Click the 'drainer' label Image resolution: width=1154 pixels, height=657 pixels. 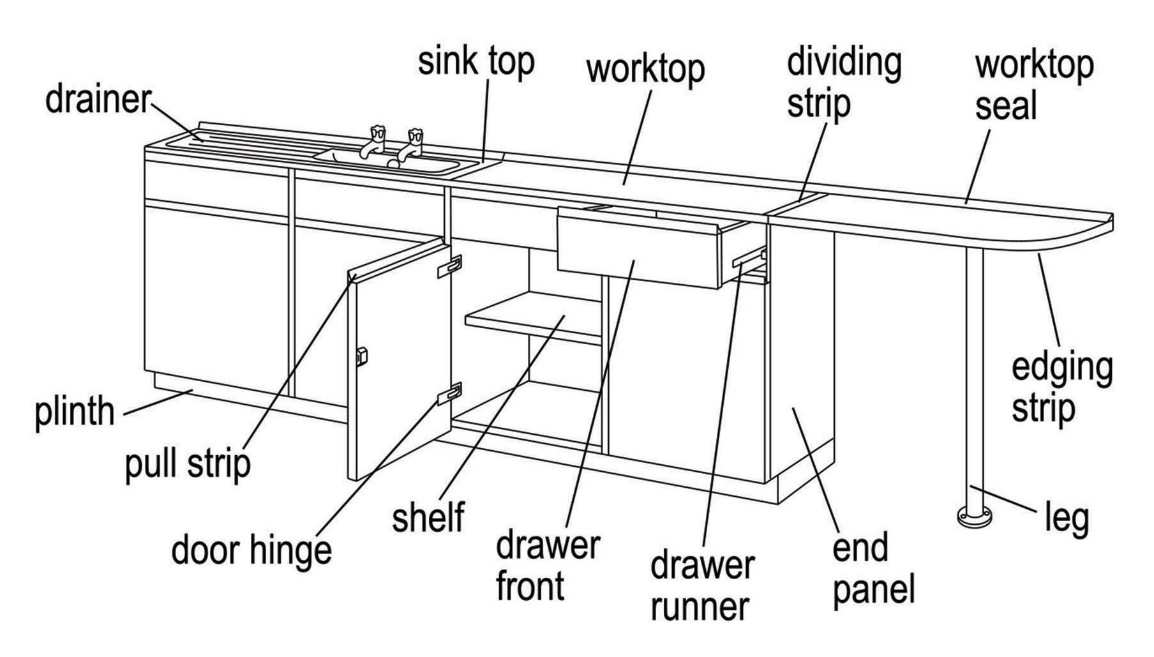pyautogui.click(x=98, y=100)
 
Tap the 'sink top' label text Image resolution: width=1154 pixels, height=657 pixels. pyautogui.click(x=476, y=62)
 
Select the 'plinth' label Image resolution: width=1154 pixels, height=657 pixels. pyautogui.click(x=74, y=412)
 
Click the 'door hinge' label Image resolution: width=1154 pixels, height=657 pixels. pyautogui.click(x=251, y=550)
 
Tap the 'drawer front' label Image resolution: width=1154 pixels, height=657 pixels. pyautogui.click(x=548, y=566)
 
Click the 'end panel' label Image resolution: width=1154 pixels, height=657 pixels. pyautogui.click(x=873, y=568)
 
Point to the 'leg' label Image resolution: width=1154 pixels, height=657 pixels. pyautogui.click(x=1066, y=517)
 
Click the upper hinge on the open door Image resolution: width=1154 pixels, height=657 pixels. pyautogui.click(x=449, y=266)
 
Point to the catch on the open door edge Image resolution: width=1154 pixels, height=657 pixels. pyautogui.click(x=362, y=356)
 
